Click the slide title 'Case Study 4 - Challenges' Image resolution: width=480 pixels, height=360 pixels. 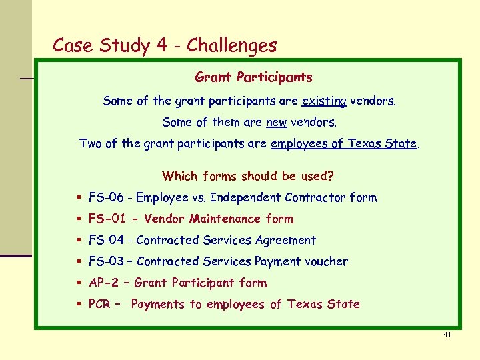[164, 45]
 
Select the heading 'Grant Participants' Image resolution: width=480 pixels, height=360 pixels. [253, 77]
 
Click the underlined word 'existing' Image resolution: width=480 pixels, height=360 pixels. [324, 101]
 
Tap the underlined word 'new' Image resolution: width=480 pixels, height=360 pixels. [276, 123]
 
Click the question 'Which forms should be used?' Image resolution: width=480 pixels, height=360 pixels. [247, 176]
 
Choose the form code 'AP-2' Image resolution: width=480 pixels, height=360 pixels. [104, 283]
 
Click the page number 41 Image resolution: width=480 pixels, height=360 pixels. [447, 333]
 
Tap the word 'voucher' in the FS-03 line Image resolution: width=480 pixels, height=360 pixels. [326, 261]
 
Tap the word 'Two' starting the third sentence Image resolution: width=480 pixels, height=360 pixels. [90, 143]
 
